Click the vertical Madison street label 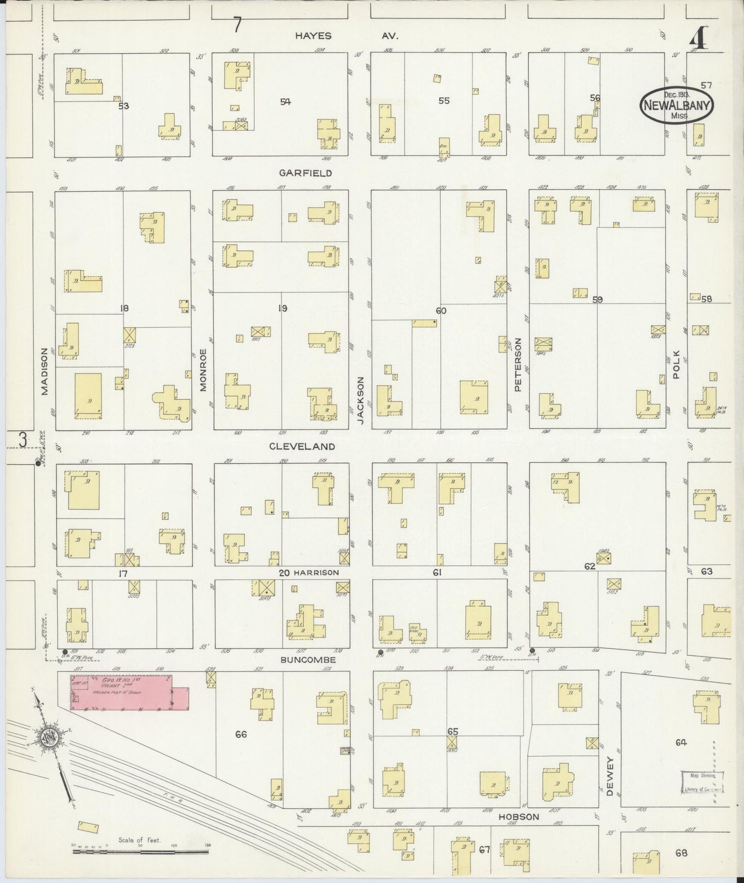[45, 371]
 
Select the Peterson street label [518, 364]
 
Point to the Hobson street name [518, 817]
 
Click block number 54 [285, 102]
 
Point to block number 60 [441, 311]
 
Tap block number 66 [240, 734]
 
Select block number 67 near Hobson [484, 850]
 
